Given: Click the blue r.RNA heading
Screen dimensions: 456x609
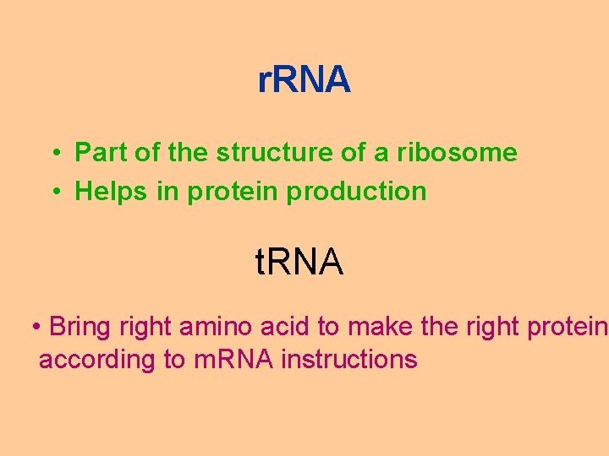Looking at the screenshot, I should [304, 80].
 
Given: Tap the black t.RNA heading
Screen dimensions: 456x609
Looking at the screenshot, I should [299, 263].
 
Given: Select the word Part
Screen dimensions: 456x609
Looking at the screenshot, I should [98, 153].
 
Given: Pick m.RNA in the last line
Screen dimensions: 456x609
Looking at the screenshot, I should [233, 359].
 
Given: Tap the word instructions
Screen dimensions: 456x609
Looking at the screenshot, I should [349, 359].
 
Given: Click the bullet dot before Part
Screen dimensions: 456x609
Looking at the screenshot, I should [52, 154].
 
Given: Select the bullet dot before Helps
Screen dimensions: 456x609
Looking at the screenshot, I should [52, 192].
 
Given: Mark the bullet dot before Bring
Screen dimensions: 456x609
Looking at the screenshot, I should [36, 326].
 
